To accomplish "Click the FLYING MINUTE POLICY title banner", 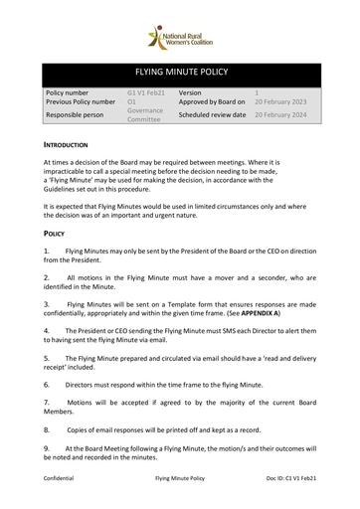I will click(x=180, y=74).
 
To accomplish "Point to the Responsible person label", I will click(x=76, y=115).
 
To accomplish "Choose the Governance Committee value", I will click(x=144, y=115).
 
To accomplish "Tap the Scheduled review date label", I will click(x=212, y=114).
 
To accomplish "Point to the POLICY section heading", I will click(x=55, y=233).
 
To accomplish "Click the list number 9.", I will click(x=47, y=448).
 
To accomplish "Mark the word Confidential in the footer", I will click(x=61, y=478).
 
